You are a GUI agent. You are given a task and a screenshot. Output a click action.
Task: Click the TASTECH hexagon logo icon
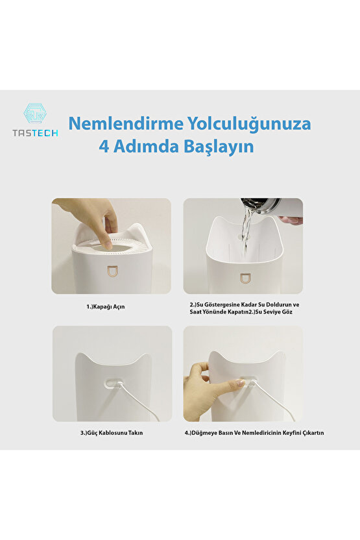pos(35,114)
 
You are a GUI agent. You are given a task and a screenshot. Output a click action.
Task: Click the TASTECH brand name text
pos(35,132)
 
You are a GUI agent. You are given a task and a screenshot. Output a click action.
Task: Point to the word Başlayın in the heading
pos(217,147)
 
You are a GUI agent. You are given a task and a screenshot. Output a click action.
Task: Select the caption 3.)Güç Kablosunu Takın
pos(112,432)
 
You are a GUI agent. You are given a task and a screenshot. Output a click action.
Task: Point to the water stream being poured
pos(245,230)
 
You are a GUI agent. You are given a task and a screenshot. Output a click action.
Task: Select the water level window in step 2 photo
pos(245,278)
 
